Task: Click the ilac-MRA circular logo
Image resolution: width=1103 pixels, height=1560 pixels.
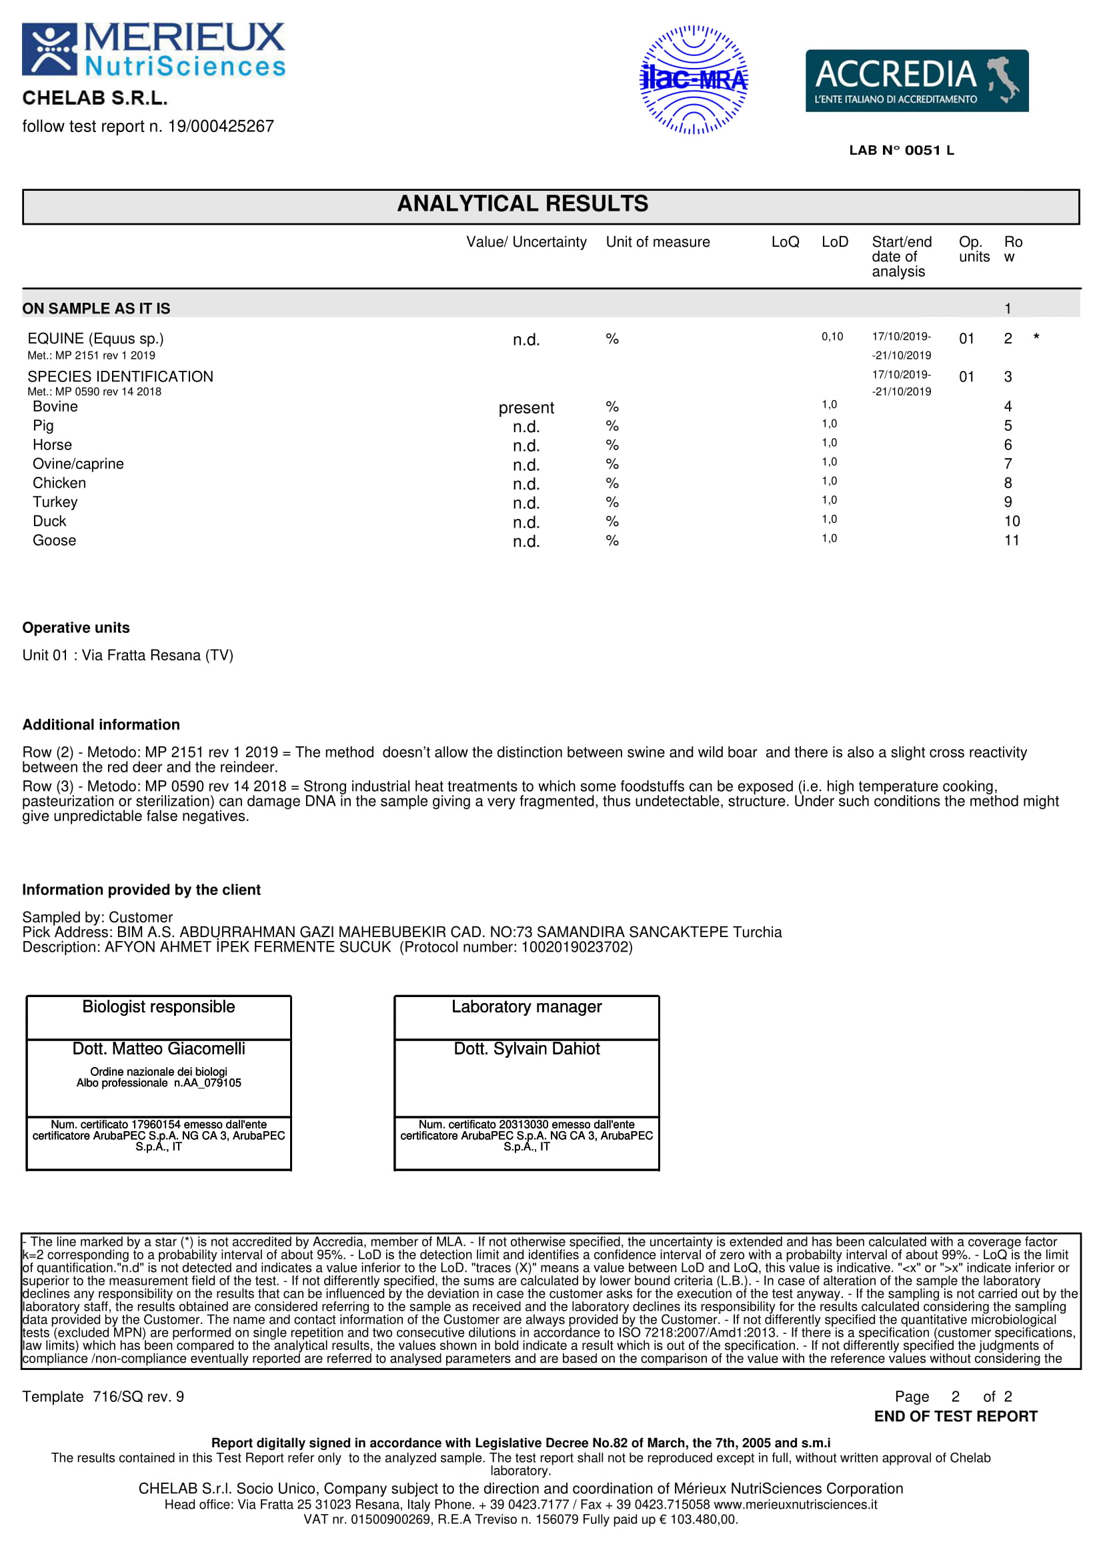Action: pyautogui.click(x=694, y=80)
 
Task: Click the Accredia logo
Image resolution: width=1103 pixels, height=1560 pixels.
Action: pyautogui.click(x=916, y=81)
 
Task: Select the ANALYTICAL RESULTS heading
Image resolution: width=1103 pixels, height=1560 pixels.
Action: pyautogui.click(x=522, y=204)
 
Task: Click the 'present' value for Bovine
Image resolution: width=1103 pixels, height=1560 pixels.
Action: pyautogui.click(x=525, y=408)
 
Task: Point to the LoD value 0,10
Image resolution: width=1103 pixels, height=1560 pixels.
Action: pyautogui.click(x=832, y=337)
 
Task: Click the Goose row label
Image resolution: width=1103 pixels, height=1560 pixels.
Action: pyautogui.click(x=54, y=541)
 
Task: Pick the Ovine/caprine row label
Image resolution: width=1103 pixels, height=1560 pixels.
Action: pyautogui.click(x=78, y=464)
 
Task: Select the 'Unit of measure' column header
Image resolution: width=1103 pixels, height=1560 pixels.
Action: pyautogui.click(x=658, y=243)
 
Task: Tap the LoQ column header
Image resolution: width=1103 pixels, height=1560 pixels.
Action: pyautogui.click(x=785, y=243)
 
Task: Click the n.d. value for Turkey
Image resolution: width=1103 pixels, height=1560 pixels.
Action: pyautogui.click(x=525, y=504)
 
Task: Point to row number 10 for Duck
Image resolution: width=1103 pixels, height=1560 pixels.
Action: pyautogui.click(x=1012, y=522)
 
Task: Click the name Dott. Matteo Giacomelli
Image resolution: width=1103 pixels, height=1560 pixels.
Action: pyautogui.click(x=159, y=1049)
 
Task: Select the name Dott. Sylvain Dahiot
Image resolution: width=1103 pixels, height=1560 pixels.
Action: pyautogui.click(x=526, y=1049)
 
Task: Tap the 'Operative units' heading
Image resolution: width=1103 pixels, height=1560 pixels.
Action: pyautogui.click(x=76, y=628)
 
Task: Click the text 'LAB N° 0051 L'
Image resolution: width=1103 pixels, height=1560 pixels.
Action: pyautogui.click(x=902, y=151)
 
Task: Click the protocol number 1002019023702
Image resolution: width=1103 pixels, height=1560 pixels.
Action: pyautogui.click(x=576, y=947)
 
